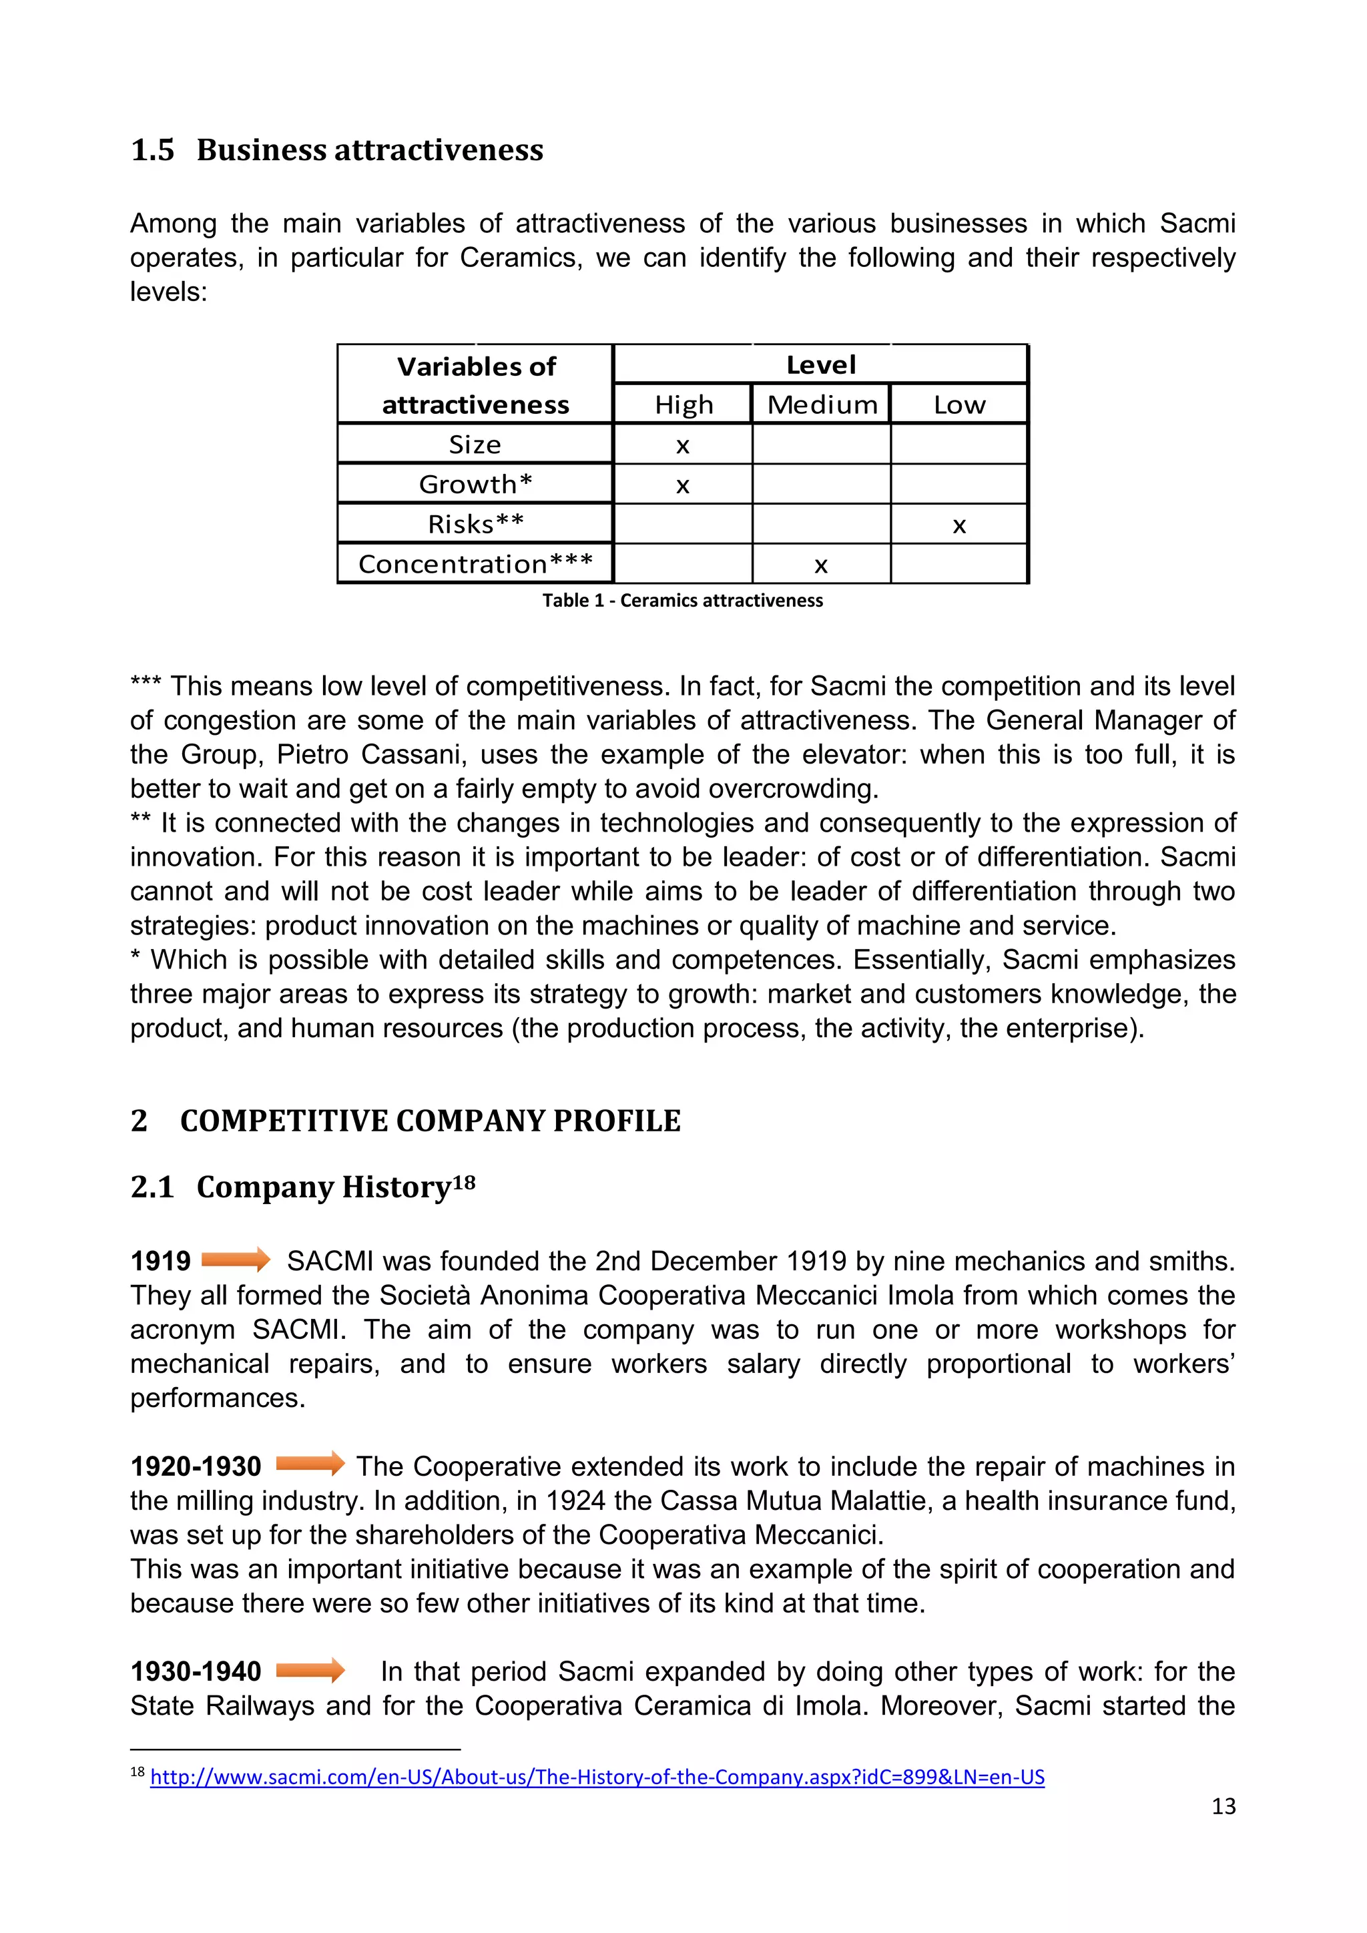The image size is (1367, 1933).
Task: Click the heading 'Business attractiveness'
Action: [x=370, y=150]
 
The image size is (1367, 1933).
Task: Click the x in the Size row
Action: [x=683, y=445]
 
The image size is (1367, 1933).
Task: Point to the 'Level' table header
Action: [x=821, y=364]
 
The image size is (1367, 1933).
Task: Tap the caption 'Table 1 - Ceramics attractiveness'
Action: [x=681, y=600]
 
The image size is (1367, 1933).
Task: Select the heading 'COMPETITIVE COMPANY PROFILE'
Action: [x=430, y=1121]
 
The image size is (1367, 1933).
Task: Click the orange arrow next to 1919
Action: [x=236, y=1260]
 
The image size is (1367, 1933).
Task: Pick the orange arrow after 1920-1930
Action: [x=310, y=1464]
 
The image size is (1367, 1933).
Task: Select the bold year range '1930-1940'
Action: [x=196, y=1671]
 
